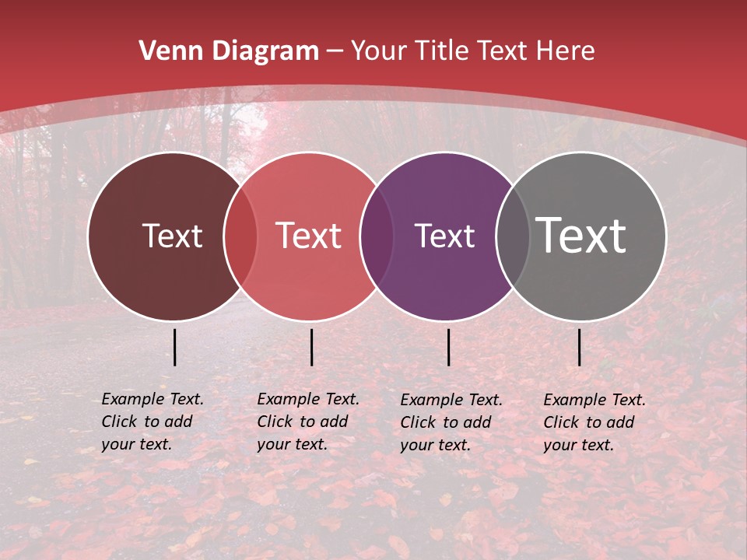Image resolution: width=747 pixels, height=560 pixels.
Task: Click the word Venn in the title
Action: coord(165,51)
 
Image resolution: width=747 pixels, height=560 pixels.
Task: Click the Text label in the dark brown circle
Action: coord(172,236)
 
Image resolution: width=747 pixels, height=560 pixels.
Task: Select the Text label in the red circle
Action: coord(308,236)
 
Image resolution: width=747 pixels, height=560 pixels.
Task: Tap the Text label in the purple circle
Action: coord(444,236)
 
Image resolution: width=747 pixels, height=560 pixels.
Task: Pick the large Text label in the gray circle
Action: coord(581,236)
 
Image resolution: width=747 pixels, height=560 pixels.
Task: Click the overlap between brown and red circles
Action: coord(240,236)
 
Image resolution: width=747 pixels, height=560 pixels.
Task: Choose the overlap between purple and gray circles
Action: coord(513,236)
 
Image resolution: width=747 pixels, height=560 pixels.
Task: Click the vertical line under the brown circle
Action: coord(174,347)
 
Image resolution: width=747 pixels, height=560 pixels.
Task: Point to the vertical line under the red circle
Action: coord(311,347)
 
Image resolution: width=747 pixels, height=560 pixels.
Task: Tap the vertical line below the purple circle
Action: coord(448,347)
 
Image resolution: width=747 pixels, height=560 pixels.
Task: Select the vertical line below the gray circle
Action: coord(579,347)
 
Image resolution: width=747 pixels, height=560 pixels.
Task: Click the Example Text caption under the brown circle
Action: coord(153,422)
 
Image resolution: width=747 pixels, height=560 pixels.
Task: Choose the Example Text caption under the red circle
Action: coord(308,422)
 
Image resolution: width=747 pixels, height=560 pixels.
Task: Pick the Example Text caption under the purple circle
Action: coord(451,422)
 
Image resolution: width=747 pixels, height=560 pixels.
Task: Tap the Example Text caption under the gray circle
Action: coord(594,422)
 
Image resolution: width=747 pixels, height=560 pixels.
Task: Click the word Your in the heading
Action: coord(379,51)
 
